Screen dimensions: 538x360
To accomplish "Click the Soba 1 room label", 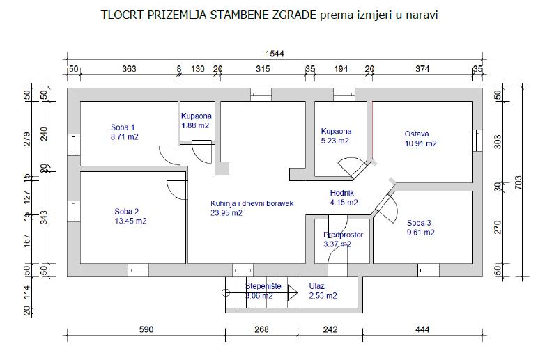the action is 123,127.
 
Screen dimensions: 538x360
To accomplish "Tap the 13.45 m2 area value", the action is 130,221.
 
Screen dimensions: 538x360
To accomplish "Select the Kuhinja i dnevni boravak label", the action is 252,204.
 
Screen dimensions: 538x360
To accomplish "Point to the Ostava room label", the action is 417,134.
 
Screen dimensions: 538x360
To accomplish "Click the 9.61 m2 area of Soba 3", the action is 421,233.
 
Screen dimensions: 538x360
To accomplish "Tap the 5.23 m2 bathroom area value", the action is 335,141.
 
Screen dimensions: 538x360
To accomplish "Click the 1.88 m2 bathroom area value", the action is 195,125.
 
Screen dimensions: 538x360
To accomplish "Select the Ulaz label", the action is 317,285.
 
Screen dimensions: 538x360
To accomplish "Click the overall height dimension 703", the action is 518,182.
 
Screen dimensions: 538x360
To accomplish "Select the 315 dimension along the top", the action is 263,68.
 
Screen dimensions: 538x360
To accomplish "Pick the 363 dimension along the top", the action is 129,68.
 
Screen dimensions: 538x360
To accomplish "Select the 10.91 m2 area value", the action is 421,143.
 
